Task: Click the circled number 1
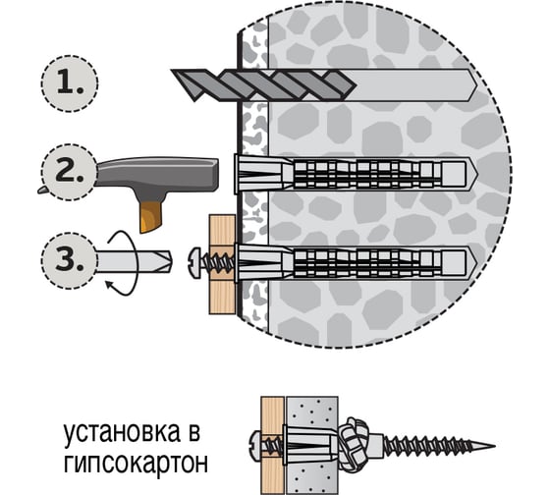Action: pyautogui.click(x=70, y=83)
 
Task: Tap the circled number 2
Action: pyautogui.click(x=69, y=172)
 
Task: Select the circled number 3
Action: pyautogui.click(x=69, y=261)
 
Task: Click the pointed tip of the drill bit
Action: pyautogui.click(x=173, y=72)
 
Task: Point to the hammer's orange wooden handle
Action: pyautogui.click(x=151, y=216)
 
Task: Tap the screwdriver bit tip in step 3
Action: pyautogui.click(x=169, y=261)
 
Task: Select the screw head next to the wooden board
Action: pyautogui.click(x=194, y=263)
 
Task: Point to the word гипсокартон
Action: pyautogui.click(x=136, y=463)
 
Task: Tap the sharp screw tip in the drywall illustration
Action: pyautogui.click(x=493, y=446)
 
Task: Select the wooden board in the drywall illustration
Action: pyautogui.click(x=272, y=446)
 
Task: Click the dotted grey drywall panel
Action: pyautogui.click(x=312, y=446)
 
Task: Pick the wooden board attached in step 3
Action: pyautogui.click(x=222, y=264)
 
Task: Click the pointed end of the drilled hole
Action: pyautogui.click(x=476, y=85)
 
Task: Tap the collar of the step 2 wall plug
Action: pyautogui.click(x=237, y=174)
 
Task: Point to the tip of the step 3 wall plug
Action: pyautogui.click(x=476, y=263)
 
